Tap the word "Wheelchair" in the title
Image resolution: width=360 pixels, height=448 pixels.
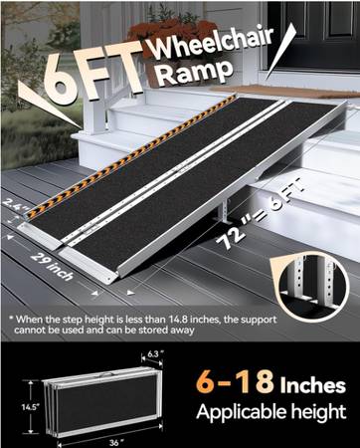(213, 41)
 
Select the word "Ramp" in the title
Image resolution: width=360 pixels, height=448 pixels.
(194, 72)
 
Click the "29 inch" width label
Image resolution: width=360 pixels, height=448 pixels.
(52, 267)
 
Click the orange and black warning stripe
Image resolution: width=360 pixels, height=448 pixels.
(129, 156)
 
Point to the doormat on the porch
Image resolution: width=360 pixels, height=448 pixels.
(281, 91)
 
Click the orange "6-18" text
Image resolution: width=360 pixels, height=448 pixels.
(235, 381)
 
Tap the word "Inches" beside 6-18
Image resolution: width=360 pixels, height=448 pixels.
(313, 385)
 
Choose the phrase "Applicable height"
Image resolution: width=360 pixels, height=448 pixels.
(271, 412)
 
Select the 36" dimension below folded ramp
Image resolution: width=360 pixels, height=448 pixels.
(114, 443)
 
